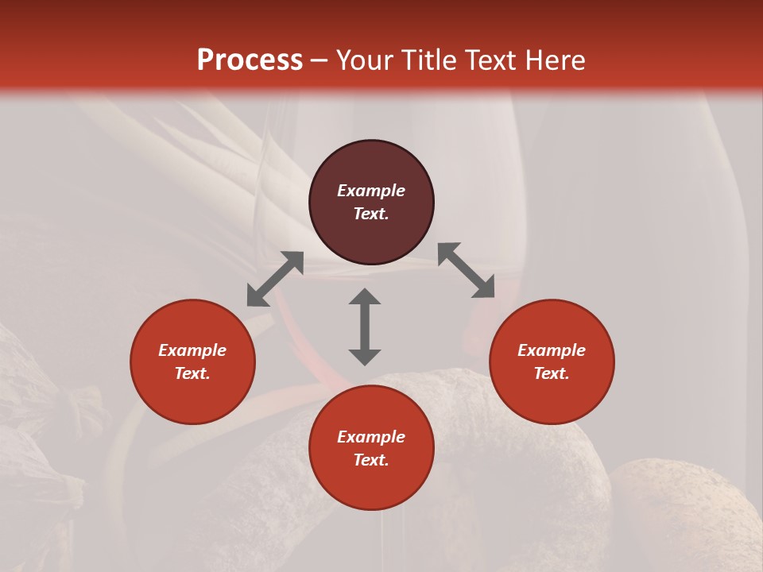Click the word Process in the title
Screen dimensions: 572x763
(250, 60)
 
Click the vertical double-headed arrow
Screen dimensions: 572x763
(365, 327)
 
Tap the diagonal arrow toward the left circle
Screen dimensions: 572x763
(275, 279)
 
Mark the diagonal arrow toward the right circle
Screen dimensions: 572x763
(467, 270)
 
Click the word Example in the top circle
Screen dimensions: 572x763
(371, 191)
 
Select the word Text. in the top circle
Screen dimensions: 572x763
(371, 214)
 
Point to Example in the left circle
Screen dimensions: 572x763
(192, 350)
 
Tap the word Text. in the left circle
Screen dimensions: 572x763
(192, 373)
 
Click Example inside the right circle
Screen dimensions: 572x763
(552, 350)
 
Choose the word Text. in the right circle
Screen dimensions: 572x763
(552, 373)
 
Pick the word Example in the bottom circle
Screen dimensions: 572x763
(371, 437)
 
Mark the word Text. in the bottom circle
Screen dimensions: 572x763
(371, 460)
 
